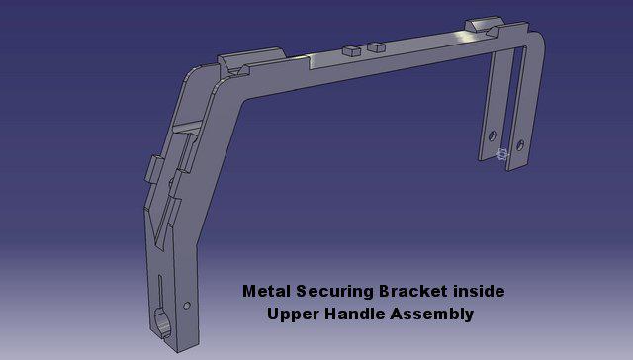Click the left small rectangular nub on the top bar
point(350,47)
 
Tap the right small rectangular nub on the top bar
point(375,45)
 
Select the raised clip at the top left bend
point(234,64)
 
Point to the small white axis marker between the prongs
point(502,153)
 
